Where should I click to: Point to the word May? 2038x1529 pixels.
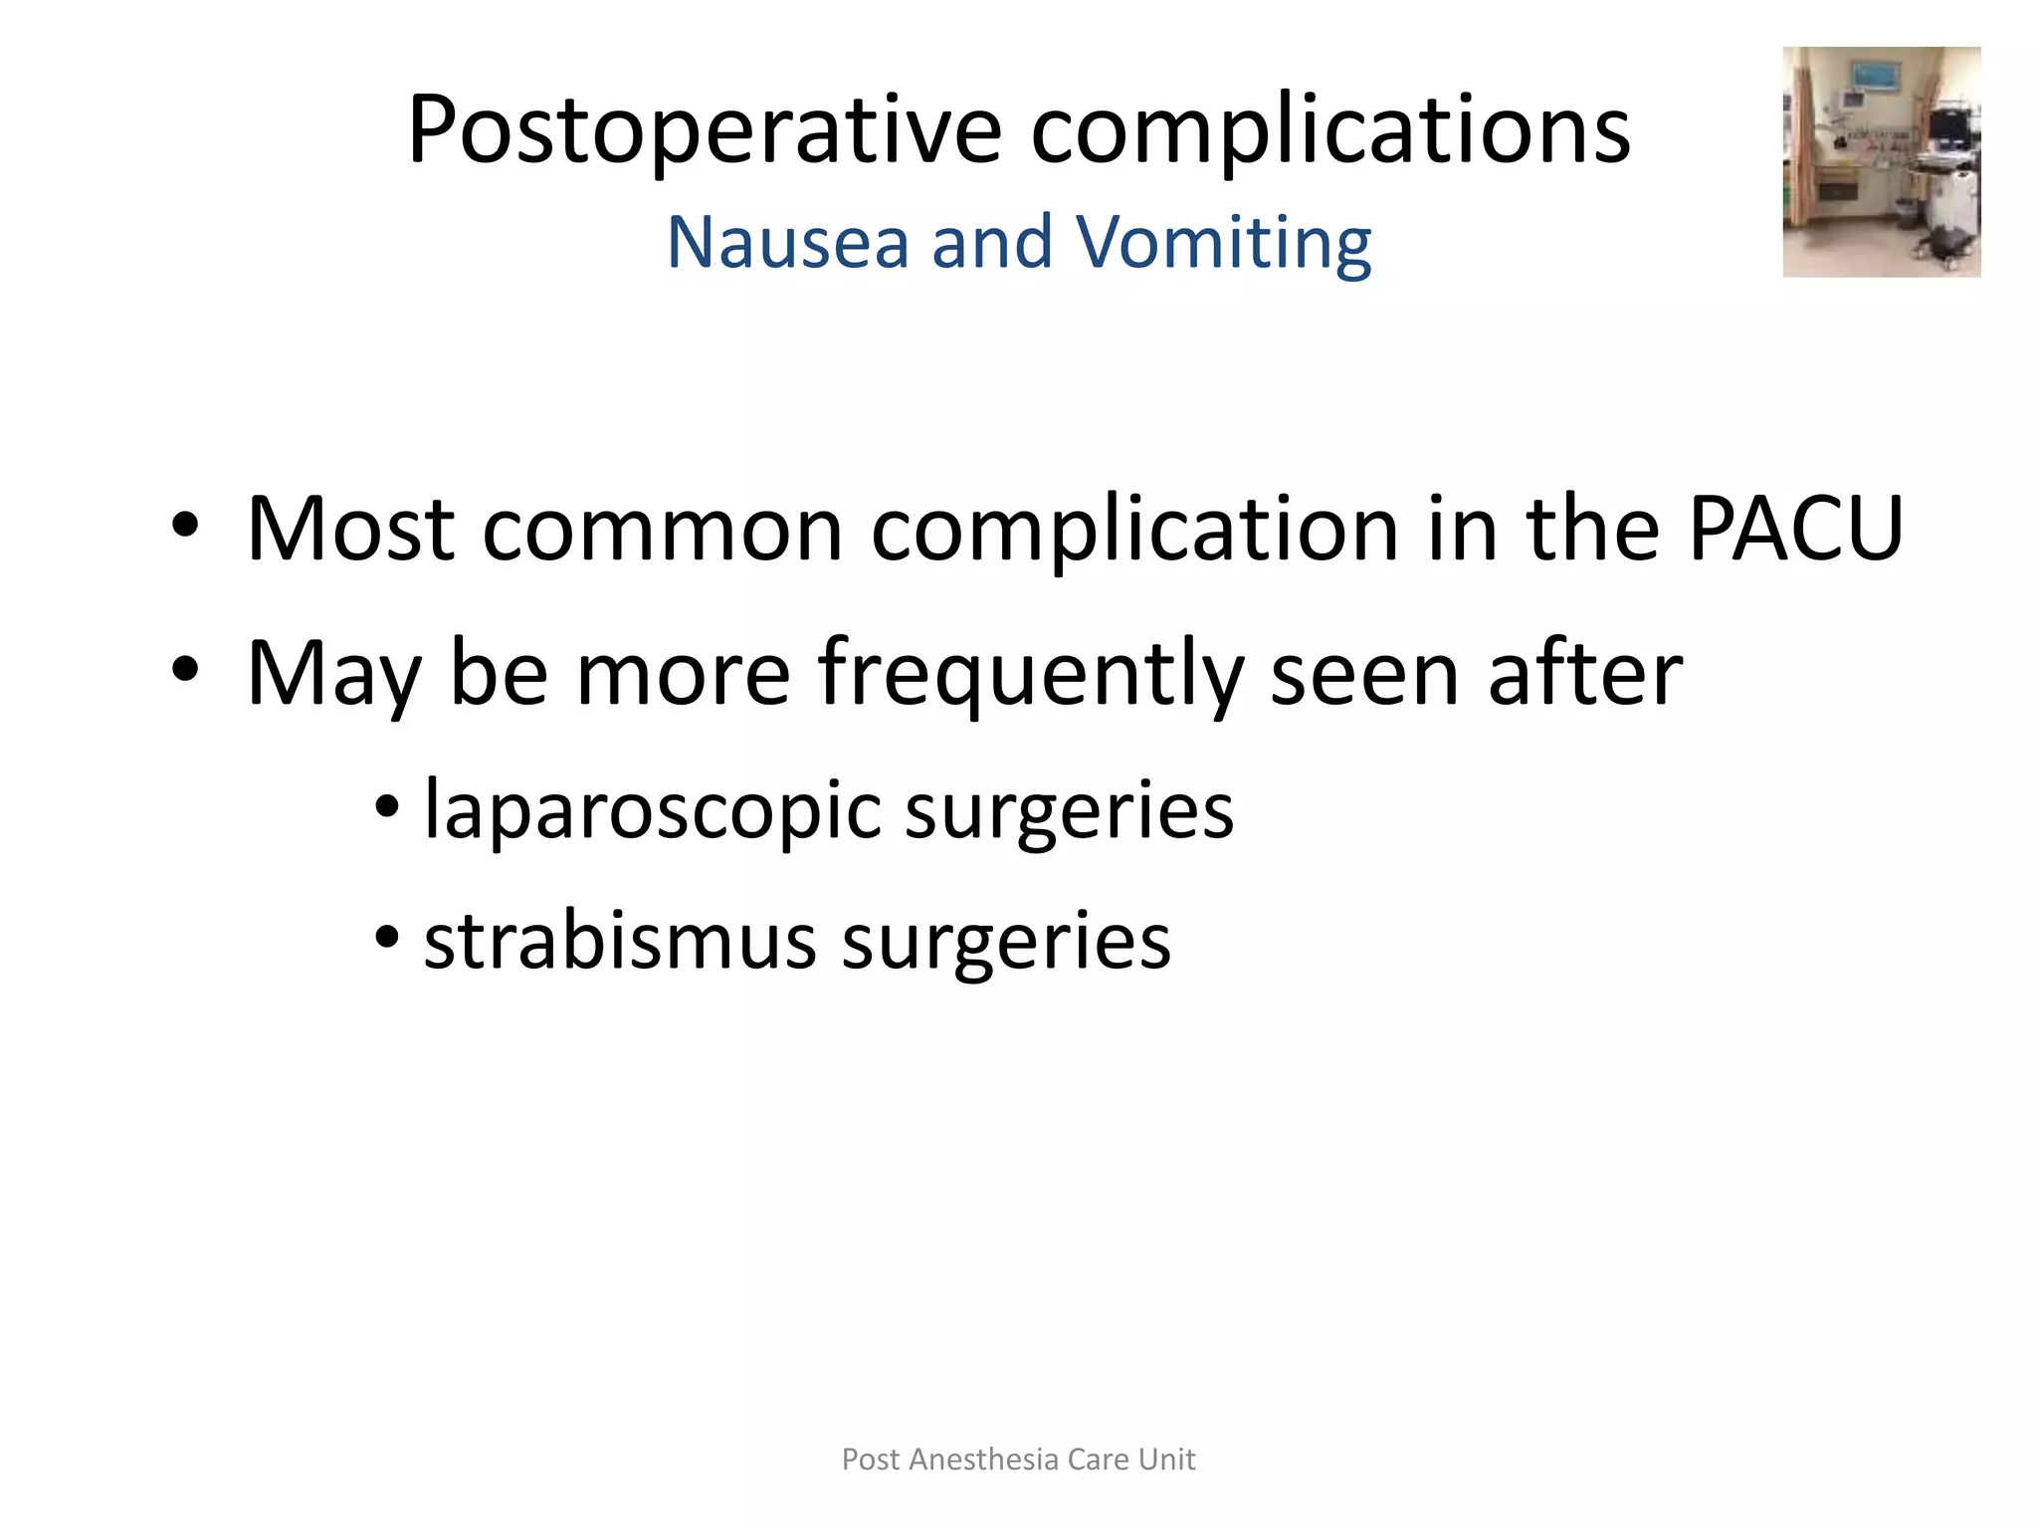[x=334, y=674]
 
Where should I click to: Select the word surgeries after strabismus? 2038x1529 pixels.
[x=1006, y=941]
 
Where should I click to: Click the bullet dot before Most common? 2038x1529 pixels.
[x=185, y=525]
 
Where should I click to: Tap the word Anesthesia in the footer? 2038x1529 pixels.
[x=984, y=1459]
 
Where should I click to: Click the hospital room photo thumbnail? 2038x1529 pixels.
[x=1881, y=161]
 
